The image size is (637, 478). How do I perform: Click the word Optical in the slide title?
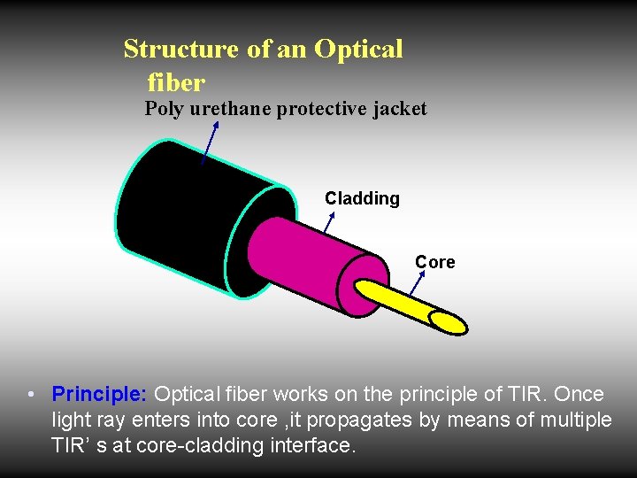click(x=357, y=49)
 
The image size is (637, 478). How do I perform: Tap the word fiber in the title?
click(x=175, y=83)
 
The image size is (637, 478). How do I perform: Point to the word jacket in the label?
click(x=397, y=109)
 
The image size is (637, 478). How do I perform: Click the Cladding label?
click(x=362, y=198)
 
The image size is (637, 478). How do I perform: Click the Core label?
click(x=434, y=262)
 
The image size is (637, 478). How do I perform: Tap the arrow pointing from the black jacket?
click(x=209, y=143)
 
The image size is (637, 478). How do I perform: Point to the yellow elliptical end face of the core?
click(x=448, y=322)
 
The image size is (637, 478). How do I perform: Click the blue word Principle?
click(x=99, y=394)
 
